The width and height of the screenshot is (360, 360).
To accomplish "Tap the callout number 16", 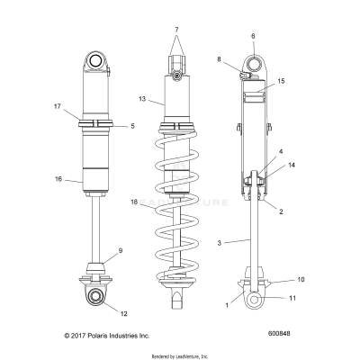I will click(x=58, y=180).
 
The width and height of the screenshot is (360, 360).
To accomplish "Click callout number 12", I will click(x=122, y=313).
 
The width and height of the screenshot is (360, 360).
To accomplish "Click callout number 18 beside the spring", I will click(x=136, y=229).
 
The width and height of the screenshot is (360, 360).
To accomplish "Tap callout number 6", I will click(x=253, y=37).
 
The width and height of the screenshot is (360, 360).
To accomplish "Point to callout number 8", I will click(x=218, y=59).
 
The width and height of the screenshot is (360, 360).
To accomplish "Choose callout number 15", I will click(x=282, y=81).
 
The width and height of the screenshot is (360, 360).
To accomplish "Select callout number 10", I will click(x=301, y=280).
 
